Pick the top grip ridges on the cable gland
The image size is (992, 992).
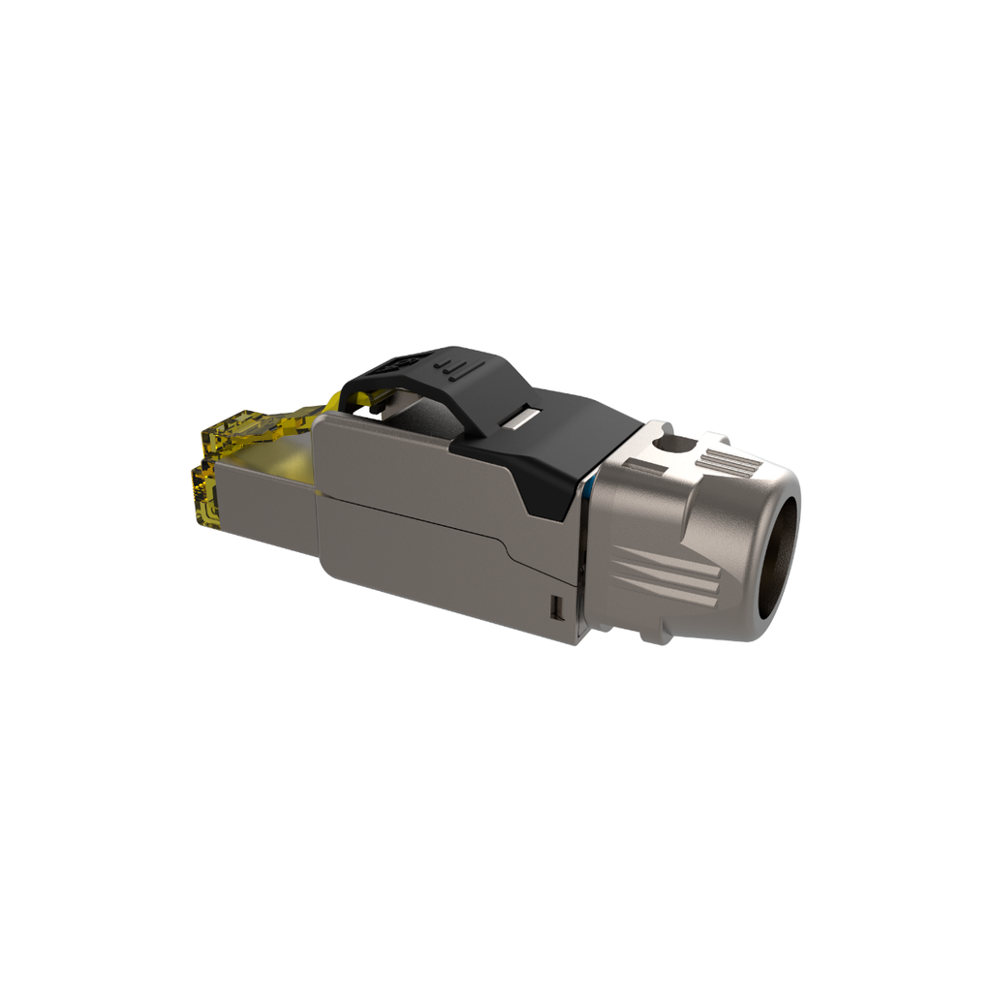728,463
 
